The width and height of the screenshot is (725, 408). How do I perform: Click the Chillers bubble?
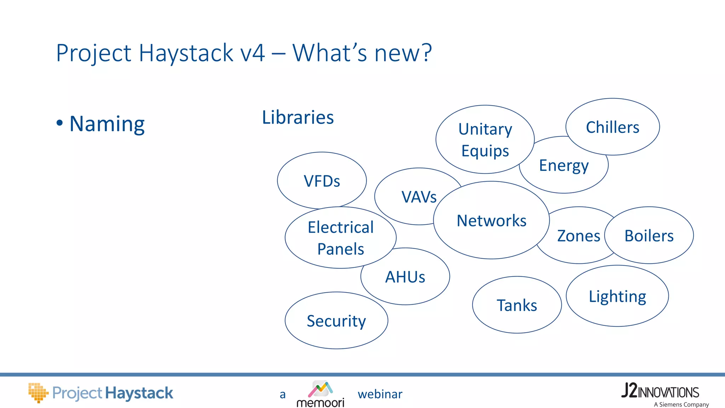[x=612, y=127]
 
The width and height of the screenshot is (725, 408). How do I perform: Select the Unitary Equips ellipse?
[x=485, y=140]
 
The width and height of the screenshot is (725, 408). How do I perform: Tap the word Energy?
[x=564, y=166]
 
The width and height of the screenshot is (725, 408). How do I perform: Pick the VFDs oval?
[x=322, y=181]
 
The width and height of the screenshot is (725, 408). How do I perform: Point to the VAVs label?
[x=419, y=197]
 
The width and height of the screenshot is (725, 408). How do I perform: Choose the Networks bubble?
[x=491, y=221]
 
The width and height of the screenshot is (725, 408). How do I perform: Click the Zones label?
[x=578, y=236]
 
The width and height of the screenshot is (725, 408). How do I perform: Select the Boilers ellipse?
[x=649, y=236]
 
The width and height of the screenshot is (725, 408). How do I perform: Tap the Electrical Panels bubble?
[x=341, y=238]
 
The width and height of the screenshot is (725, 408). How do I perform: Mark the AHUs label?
[x=405, y=277]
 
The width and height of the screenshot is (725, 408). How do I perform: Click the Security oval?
[x=336, y=321]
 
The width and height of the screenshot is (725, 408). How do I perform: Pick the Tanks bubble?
[x=517, y=305]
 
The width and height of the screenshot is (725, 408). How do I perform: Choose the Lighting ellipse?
[x=617, y=296]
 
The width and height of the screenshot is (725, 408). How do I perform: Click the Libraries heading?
[x=298, y=117]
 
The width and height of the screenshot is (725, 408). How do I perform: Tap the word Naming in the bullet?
[x=107, y=124]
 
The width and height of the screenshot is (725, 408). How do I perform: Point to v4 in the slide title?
[x=252, y=53]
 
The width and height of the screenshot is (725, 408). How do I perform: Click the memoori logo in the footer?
[x=320, y=394]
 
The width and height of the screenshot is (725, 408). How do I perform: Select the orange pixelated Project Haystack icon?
[x=38, y=392]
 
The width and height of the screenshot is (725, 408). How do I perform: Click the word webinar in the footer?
[x=380, y=394]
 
